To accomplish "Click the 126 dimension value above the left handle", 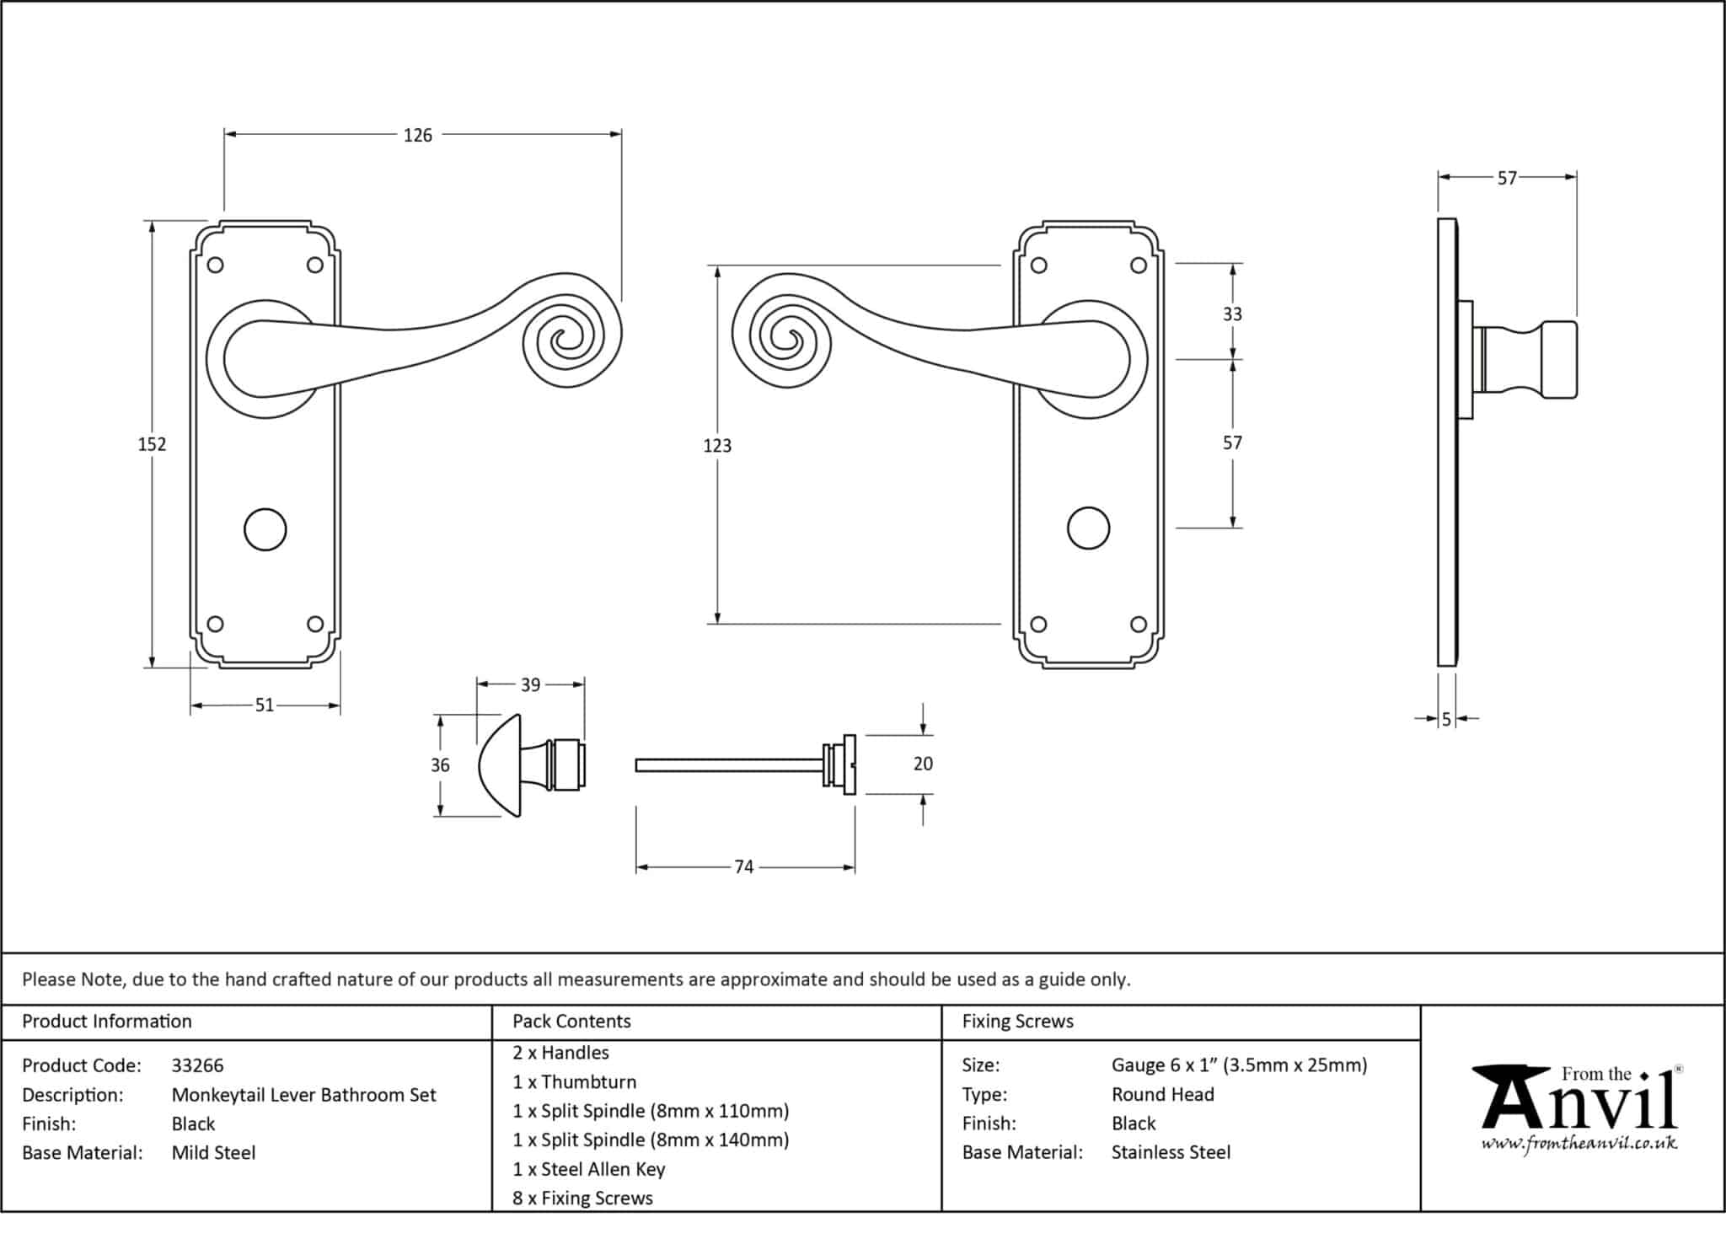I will [417, 135].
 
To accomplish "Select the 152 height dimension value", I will [153, 444].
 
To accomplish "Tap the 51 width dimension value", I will [265, 705].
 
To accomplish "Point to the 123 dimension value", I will [717, 446].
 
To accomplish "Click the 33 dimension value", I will [1232, 314].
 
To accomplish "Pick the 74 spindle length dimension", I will [743, 867].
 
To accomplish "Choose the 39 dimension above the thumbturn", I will [530, 685].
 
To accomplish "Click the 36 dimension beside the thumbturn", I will [440, 765].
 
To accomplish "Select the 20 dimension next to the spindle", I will [923, 764].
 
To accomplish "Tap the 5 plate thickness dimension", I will [1447, 720].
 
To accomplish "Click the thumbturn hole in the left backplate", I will [265, 529].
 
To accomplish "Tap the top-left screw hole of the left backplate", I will [215, 265].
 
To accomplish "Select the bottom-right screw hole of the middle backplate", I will [1139, 625].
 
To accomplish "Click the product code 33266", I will [197, 1065].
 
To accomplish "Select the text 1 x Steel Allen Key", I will [588, 1169].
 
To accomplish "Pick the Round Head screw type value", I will [1162, 1095].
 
